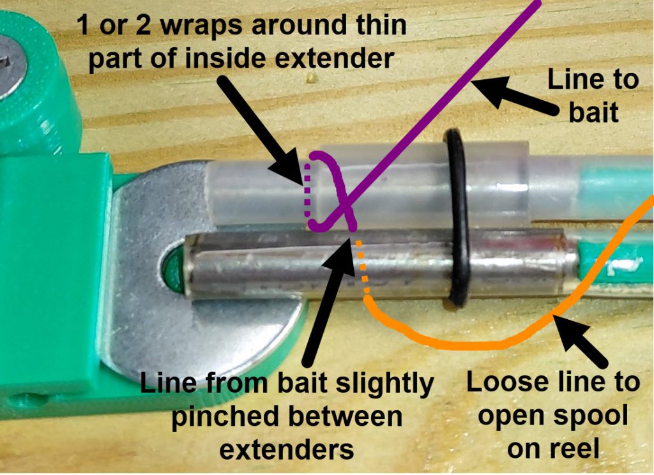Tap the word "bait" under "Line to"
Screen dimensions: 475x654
(x=593, y=112)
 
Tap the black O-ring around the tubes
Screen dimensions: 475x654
(x=457, y=217)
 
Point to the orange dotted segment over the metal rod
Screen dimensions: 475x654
(x=363, y=268)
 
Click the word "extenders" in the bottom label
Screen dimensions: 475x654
(x=287, y=449)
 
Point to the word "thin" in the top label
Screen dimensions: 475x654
(x=374, y=26)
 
